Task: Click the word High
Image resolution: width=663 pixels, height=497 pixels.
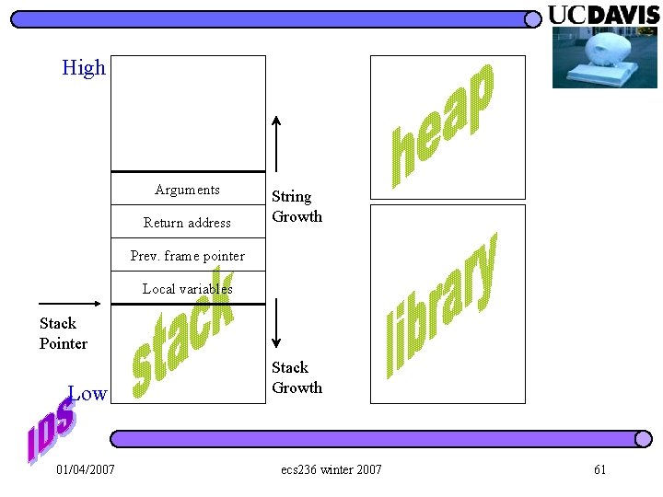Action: pos(84,68)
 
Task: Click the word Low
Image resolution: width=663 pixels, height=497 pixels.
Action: pos(89,394)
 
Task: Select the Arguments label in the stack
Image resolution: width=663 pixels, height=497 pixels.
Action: pos(188,190)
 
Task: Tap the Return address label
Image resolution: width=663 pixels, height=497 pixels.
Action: pos(188,222)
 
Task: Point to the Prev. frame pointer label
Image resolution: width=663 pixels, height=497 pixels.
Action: pos(188,256)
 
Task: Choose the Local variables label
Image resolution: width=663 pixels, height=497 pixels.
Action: pos(188,288)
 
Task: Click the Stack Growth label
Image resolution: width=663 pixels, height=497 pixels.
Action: pos(297,377)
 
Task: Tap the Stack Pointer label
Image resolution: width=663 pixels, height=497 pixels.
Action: pos(64,333)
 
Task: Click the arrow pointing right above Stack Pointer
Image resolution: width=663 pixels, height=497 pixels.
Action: pos(70,303)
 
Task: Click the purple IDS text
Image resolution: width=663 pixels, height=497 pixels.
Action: pos(51,429)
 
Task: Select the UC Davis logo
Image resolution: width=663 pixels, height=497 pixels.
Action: pos(604,15)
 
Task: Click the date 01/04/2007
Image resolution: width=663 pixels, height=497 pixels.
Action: pos(86,470)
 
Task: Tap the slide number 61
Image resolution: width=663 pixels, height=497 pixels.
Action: pos(600,470)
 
